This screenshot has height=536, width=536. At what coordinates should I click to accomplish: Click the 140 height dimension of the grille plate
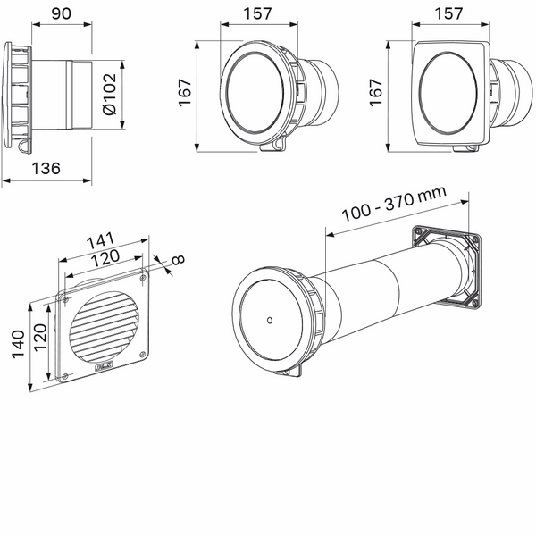click(16, 343)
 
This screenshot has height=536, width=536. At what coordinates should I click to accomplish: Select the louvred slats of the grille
click(103, 323)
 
